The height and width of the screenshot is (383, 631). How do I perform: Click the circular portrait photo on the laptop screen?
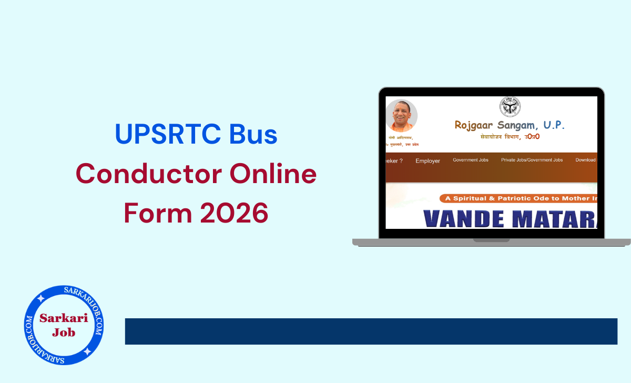tap(402, 115)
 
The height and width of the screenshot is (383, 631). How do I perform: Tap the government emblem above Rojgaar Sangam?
tap(510, 107)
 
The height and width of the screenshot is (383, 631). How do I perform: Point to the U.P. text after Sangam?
tap(553, 125)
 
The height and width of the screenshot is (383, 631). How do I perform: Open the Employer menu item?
tap(428, 160)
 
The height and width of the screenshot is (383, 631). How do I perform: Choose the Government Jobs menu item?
tap(471, 160)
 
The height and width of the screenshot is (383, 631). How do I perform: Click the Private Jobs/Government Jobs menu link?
tap(532, 160)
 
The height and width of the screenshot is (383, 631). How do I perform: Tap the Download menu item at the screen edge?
tap(586, 160)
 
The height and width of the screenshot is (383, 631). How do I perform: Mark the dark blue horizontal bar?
tap(371, 331)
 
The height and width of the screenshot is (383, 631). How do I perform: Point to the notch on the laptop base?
tap(491, 240)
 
